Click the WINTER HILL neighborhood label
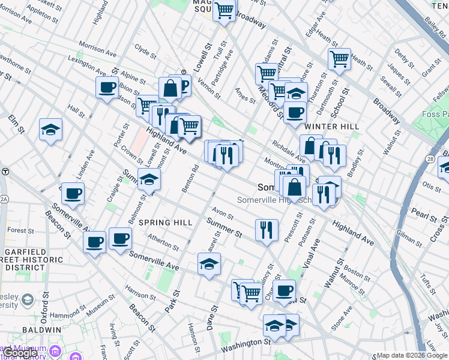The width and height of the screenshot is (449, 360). click(x=331, y=127)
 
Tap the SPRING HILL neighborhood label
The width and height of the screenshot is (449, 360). click(x=166, y=223)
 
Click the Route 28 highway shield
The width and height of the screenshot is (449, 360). click(x=432, y=158)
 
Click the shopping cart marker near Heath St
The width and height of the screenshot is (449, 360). click(x=339, y=59)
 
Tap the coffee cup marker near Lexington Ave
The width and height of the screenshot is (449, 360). click(x=107, y=87)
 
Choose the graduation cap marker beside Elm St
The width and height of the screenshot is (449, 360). click(x=50, y=129)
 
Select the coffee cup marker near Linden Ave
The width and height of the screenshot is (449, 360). click(x=73, y=194)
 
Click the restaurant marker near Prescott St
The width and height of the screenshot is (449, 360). click(x=266, y=230)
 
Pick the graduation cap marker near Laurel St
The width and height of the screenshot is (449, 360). click(x=209, y=263)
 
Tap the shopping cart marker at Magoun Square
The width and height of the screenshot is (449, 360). click(x=224, y=10)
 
